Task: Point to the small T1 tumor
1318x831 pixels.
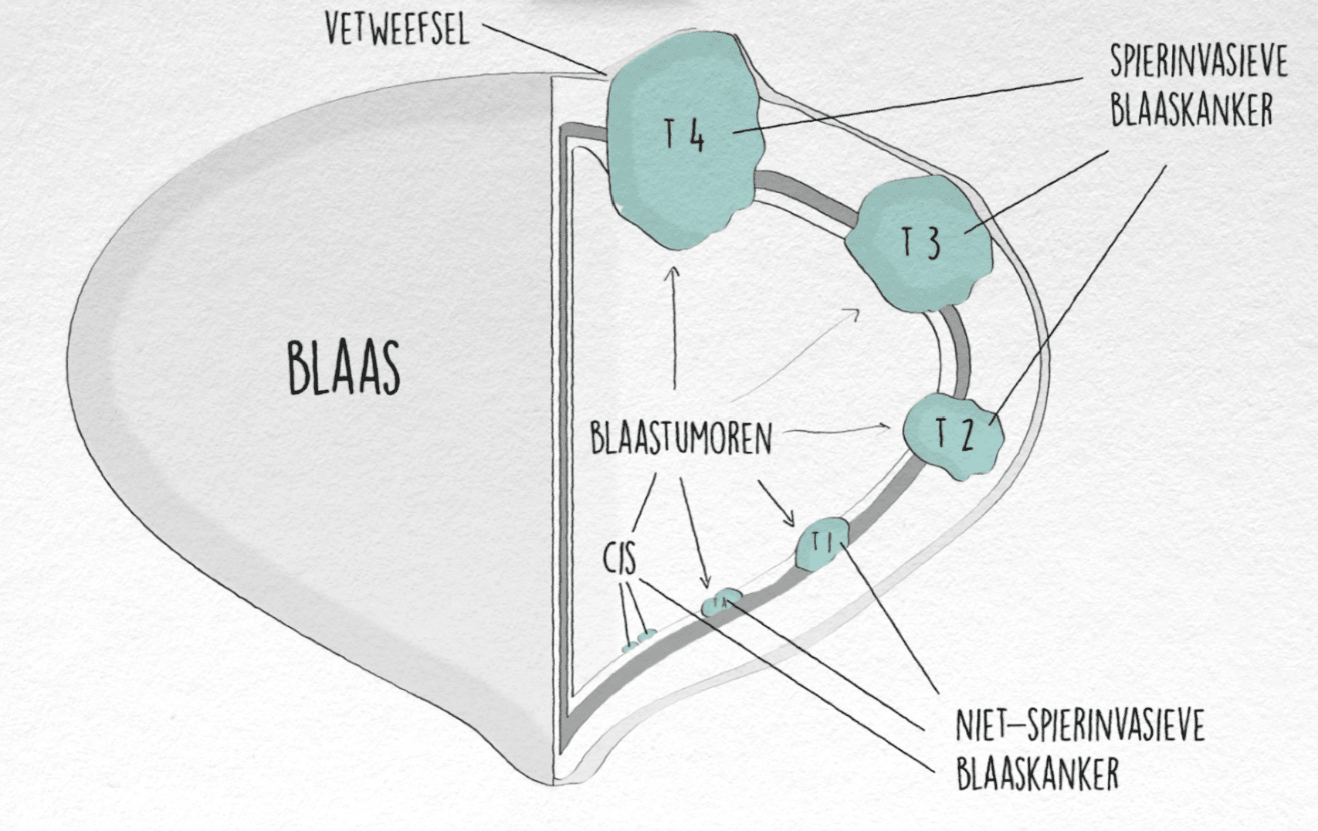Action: (x=822, y=544)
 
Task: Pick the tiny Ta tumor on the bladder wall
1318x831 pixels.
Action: (x=721, y=602)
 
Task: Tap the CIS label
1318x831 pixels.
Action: (x=620, y=558)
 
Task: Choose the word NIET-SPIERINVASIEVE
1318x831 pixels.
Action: (x=1079, y=727)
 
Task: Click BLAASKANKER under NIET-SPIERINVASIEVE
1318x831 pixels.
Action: (x=1037, y=773)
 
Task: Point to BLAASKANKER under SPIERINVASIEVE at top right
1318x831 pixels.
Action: (x=1191, y=110)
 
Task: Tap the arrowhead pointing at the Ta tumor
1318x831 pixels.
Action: (x=704, y=584)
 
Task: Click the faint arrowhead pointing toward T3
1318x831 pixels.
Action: (x=854, y=311)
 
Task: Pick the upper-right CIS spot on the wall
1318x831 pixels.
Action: (x=647, y=636)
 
